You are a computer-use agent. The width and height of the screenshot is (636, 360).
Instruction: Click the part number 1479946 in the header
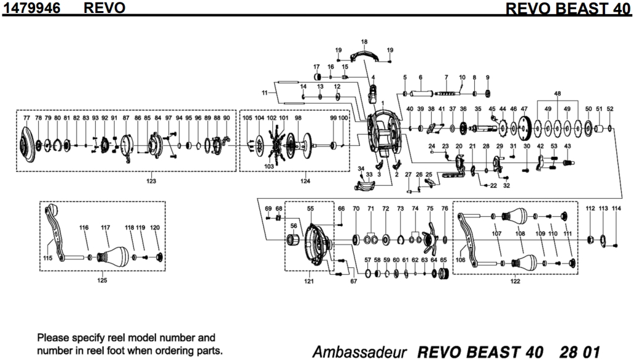coord(31,7)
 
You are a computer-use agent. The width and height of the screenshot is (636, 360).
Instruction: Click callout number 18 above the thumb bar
coord(364,41)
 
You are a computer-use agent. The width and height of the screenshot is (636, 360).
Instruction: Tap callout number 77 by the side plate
coord(27,117)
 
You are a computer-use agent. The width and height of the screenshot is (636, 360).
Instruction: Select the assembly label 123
coord(151,181)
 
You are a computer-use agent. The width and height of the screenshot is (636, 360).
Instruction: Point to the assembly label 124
coord(305,181)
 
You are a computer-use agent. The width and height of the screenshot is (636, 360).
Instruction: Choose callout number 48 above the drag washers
coord(558,94)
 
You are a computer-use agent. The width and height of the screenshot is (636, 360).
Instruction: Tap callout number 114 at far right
coord(616,209)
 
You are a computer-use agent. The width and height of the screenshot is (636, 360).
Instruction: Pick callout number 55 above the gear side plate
coord(311,209)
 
